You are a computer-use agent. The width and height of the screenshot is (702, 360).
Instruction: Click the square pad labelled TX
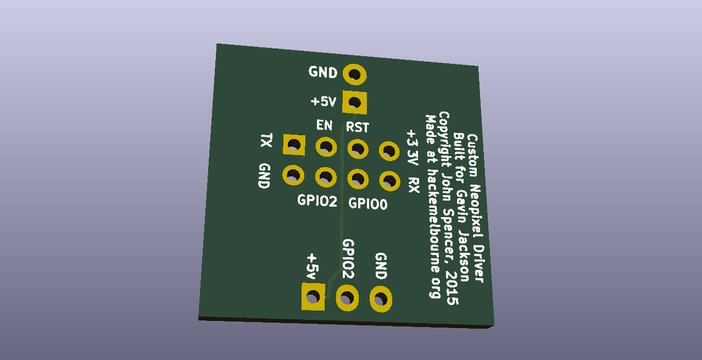(294, 145)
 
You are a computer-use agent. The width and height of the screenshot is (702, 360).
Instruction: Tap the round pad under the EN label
(326, 147)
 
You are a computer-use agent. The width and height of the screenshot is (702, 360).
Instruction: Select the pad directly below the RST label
(358, 148)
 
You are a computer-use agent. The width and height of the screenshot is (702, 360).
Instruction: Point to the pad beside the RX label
(390, 181)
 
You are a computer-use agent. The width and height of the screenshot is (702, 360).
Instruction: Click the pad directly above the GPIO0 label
(358, 179)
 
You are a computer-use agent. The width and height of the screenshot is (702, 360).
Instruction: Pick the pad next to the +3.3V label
(389, 151)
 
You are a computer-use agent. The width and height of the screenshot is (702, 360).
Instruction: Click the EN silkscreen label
(325, 125)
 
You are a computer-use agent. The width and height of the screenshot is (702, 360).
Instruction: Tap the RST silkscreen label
(358, 127)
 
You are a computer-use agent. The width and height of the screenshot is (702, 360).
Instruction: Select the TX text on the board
(266, 140)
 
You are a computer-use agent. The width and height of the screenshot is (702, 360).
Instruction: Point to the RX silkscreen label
(414, 185)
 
